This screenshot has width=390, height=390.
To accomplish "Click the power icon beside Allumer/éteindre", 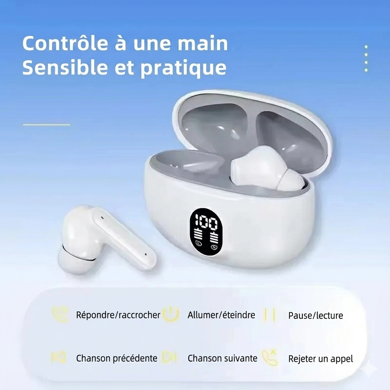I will coord(171,315).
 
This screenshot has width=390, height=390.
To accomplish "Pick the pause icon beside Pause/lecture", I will coord(270,315).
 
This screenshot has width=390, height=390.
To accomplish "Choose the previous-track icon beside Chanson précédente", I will coord(59,358).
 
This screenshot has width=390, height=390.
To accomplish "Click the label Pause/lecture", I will coord(316,315).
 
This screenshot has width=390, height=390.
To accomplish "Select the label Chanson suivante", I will coord(222,358).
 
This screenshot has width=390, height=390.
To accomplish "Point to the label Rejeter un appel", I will coord(321,358).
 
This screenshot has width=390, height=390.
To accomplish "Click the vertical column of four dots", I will coord(366,58).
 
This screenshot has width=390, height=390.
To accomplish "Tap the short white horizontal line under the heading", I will coord(46,124).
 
